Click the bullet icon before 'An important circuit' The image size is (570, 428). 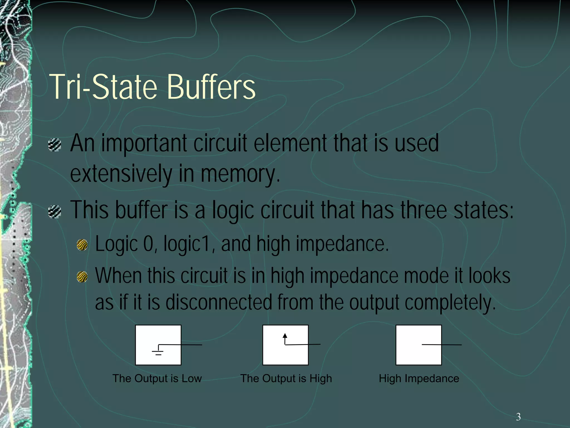pyautogui.click(x=55, y=145)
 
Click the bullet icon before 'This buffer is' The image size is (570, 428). pyautogui.click(x=55, y=211)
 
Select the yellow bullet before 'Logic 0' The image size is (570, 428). pyautogui.click(x=82, y=245)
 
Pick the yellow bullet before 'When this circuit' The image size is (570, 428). pyautogui.click(x=82, y=277)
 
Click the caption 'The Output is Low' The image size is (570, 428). pyautogui.click(x=157, y=378)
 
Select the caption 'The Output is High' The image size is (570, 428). pyautogui.click(x=286, y=378)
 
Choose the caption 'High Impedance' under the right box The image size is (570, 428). pyautogui.click(x=419, y=378)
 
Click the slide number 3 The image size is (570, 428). pyautogui.click(x=518, y=417)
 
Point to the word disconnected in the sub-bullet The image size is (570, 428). pyautogui.click(x=219, y=303)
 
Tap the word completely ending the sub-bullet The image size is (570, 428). pyautogui.click(x=450, y=303)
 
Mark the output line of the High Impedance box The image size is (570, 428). pyautogui.click(x=442, y=345)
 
